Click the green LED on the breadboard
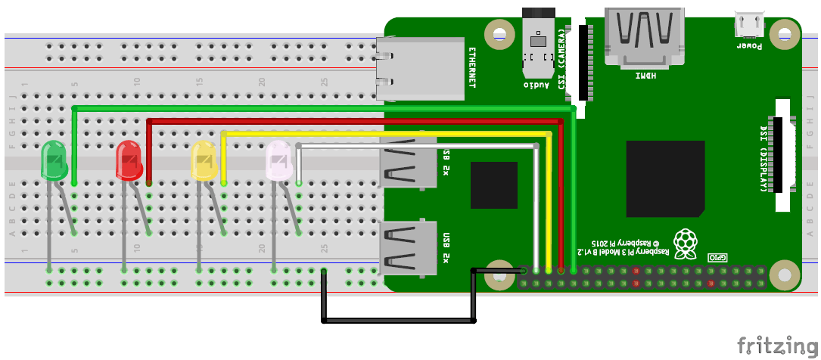[54, 161]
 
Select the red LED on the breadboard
[129, 161]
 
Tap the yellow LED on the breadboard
[204, 161]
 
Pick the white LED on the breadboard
[278, 161]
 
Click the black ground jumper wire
[400, 321]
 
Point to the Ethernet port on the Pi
[421, 69]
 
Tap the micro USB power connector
[748, 25]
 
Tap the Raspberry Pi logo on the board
[686, 241]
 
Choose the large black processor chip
[665, 179]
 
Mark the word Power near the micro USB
[749, 46]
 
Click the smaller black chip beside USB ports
[493, 185]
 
